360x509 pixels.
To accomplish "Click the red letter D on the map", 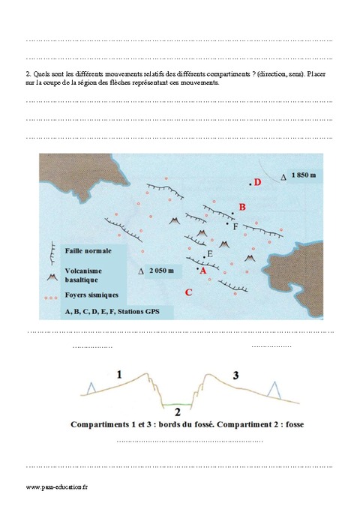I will (257, 182).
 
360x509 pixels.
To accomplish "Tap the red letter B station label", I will (241, 207).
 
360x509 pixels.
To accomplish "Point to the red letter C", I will (188, 292).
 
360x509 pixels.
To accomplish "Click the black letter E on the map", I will (210, 255).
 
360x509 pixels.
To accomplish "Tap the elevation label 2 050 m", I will (161, 270).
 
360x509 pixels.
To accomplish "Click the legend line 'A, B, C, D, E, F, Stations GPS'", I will (108, 311).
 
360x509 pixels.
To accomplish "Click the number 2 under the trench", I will (178, 412).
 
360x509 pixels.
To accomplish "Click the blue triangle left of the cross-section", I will (91, 387).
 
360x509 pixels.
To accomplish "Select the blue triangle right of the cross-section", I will (274, 389).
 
